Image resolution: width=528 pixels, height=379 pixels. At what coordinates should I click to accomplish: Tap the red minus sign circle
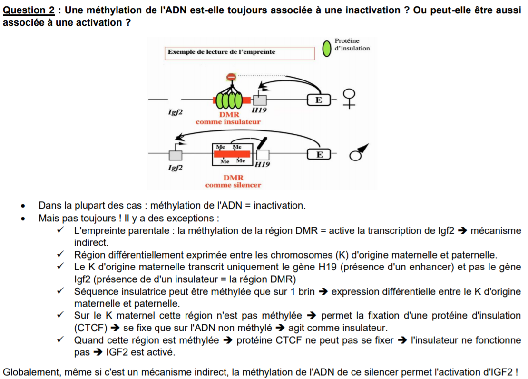point(231,77)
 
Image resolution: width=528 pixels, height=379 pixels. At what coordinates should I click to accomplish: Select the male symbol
point(356,153)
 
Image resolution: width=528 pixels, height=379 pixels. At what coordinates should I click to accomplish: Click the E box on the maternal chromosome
point(318,100)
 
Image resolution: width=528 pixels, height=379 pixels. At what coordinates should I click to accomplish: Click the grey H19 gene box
point(260,100)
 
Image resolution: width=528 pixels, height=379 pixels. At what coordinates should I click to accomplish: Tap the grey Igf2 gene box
point(176,155)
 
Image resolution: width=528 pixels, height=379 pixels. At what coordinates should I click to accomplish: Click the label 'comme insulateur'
point(228,122)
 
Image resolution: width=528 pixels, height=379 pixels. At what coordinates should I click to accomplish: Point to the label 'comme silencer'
point(233,185)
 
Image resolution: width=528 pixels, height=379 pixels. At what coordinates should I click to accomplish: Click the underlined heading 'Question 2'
point(28,10)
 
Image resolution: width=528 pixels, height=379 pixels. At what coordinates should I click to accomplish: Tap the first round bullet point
point(22,207)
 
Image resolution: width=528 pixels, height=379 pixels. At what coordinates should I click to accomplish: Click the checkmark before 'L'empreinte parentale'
point(60,231)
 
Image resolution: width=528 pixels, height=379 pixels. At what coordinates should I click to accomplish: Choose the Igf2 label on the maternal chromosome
point(176,112)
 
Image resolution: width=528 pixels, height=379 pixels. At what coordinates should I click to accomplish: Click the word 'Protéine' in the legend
point(347,41)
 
